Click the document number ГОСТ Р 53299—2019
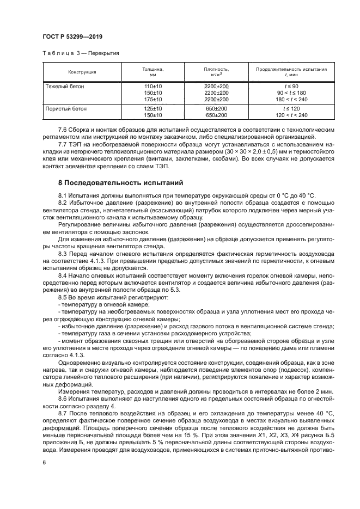pyautogui.click(x=72, y=37)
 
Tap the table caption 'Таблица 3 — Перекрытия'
pyautogui.click(x=81, y=54)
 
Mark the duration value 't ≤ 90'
pyautogui.click(x=291, y=87)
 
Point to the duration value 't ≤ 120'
pyautogui.click(x=291, y=109)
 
